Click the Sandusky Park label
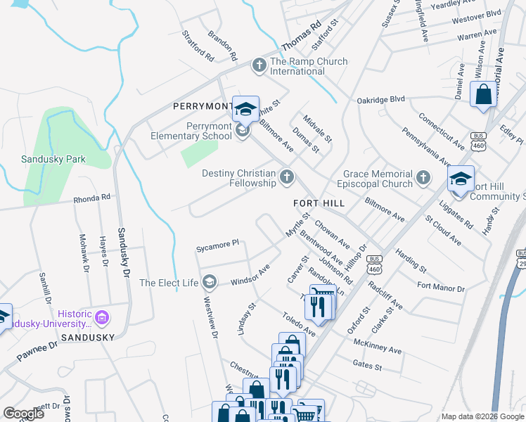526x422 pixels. coord(53,159)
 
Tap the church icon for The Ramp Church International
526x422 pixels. coord(259,66)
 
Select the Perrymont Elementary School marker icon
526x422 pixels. coord(243,131)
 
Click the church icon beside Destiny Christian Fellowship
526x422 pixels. coord(286,177)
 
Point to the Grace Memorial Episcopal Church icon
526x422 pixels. coord(423,178)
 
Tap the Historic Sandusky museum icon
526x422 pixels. coord(103,318)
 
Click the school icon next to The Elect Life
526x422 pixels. coord(209,283)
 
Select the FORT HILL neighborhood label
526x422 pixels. coord(319,203)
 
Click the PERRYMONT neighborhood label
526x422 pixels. coord(203,106)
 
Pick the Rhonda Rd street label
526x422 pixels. coord(91,198)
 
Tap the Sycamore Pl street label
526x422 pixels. coord(218,245)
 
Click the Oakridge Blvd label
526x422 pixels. coord(380,99)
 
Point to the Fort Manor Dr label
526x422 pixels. coord(441,287)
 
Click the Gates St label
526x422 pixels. coord(367,366)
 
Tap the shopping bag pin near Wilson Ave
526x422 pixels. coord(484,95)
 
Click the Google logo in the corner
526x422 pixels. coord(23,413)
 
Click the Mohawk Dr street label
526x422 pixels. coord(84,253)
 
